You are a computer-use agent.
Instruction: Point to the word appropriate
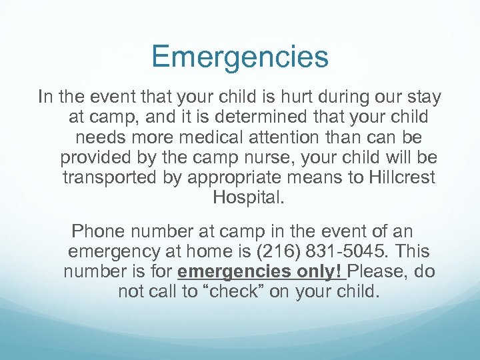point(229,179)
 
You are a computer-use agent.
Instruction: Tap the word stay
point(423,98)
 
